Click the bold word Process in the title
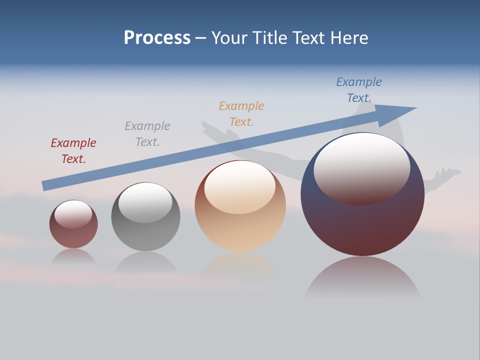[x=157, y=38]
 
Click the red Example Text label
[x=73, y=151]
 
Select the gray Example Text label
[x=147, y=134]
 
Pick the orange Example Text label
[x=241, y=114]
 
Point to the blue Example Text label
[x=359, y=90]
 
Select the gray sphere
[x=145, y=235]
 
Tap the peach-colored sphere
[x=240, y=230]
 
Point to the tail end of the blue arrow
[x=45, y=185]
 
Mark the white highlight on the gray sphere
[x=145, y=201]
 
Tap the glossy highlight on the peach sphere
[x=240, y=186]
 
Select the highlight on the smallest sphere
[x=73, y=214]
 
